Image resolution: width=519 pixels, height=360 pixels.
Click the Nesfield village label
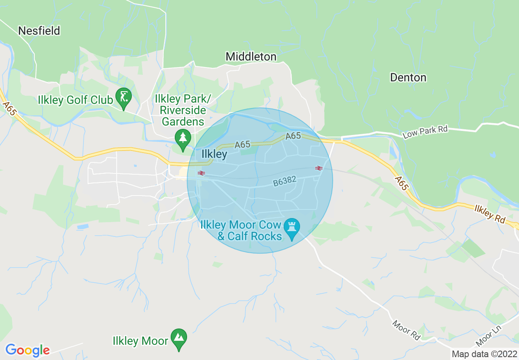39,31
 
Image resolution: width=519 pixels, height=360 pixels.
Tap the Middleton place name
251,56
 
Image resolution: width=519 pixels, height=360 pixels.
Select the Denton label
408,77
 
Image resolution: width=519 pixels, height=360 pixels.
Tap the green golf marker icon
124,97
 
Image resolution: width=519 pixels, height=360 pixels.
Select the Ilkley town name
214,154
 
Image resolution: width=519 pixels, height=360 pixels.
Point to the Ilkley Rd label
490,214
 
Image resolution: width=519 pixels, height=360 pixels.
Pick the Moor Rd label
406,330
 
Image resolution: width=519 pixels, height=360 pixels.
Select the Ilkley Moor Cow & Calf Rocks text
241,230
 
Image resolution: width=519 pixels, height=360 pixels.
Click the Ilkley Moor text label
140,341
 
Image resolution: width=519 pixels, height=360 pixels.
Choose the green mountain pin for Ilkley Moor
179,338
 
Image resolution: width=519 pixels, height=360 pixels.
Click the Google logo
27,350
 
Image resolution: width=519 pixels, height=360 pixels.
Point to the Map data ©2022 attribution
484,354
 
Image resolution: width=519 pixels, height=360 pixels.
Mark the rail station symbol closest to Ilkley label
201,173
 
